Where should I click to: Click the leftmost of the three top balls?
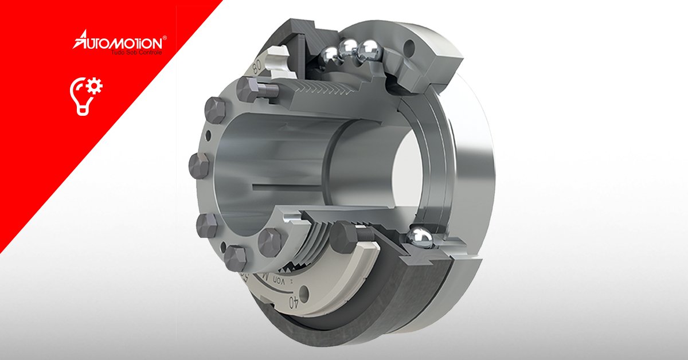330,55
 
